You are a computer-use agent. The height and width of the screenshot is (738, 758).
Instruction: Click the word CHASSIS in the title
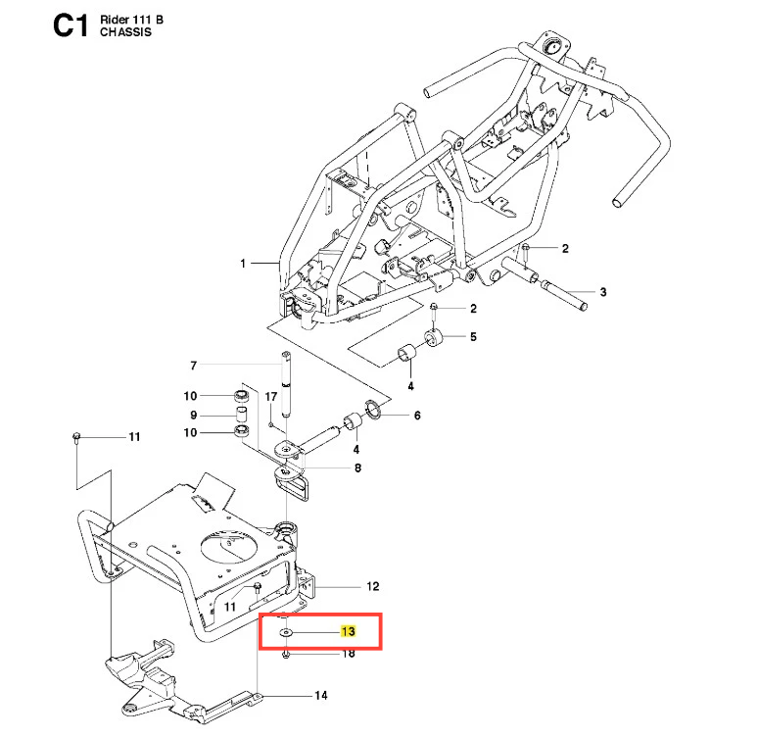tap(124, 32)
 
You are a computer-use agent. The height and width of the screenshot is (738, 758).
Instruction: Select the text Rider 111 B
tap(132, 19)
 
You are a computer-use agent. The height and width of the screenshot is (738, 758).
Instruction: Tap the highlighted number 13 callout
tap(347, 632)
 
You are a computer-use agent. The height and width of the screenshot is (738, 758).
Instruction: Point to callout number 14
tap(320, 697)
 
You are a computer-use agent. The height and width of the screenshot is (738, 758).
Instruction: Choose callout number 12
tap(372, 587)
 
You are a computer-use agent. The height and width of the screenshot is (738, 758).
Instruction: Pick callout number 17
tap(271, 396)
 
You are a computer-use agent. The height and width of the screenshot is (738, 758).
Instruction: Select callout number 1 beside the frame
tap(243, 264)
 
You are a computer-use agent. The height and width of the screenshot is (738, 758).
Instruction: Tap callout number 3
tap(603, 292)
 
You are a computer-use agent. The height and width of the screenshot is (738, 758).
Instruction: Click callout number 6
tap(416, 416)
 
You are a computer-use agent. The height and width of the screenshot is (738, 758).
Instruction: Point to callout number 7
tap(194, 366)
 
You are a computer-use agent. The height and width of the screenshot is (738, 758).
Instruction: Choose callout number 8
tap(357, 468)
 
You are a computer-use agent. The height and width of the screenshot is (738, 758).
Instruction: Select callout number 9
tap(194, 414)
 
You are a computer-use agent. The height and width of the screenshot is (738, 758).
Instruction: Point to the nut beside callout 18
tap(284, 654)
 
